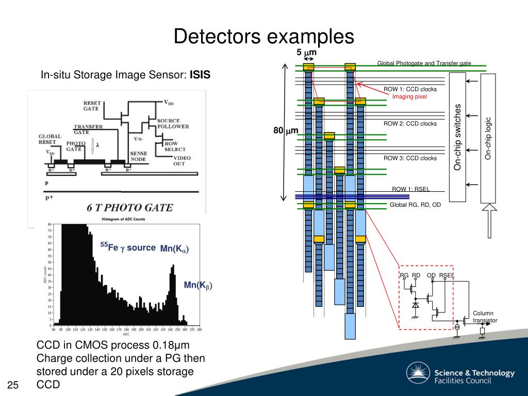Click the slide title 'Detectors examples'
263,37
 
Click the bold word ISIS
201,75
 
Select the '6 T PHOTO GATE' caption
129,207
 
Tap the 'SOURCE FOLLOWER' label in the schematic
173,123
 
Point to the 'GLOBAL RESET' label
50,139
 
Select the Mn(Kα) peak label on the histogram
174,249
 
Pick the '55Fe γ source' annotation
128,248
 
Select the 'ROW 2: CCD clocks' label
410,124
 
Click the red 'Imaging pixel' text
409,96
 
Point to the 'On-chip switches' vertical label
457,137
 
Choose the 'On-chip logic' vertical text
488,138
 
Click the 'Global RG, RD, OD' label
415,205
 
